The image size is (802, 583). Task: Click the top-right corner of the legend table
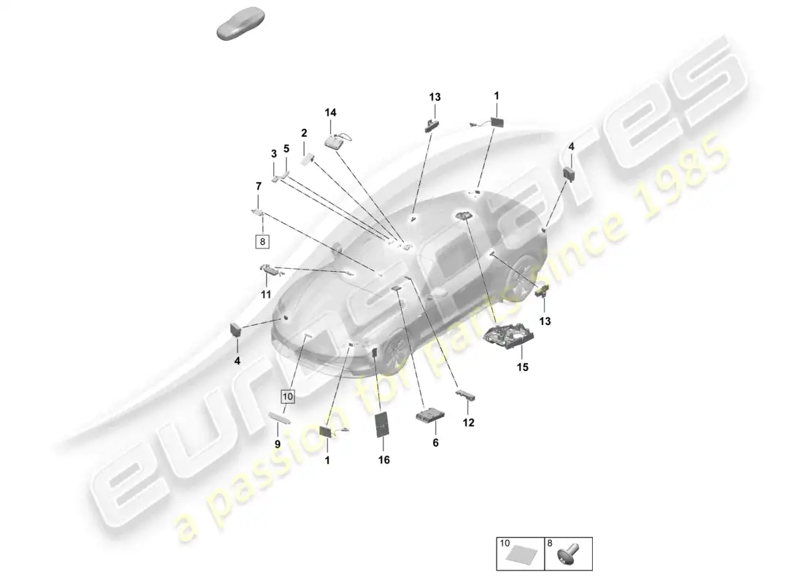[592, 538]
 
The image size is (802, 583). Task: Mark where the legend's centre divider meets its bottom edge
[545, 570]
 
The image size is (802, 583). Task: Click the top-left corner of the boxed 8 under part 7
[256, 235]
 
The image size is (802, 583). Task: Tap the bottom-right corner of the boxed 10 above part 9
[295, 403]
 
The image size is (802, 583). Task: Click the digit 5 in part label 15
[525, 367]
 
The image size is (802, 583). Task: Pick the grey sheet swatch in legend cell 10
[521, 555]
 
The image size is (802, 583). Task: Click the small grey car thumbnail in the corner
[241, 23]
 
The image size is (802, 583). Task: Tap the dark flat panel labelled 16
[383, 424]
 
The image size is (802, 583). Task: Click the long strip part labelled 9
[280, 418]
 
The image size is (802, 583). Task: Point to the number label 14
[330, 112]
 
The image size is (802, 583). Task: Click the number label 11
[265, 294]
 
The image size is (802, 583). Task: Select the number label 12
[469, 423]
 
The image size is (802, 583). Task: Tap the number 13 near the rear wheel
[545, 321]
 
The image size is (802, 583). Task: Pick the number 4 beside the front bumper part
[237, 361]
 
